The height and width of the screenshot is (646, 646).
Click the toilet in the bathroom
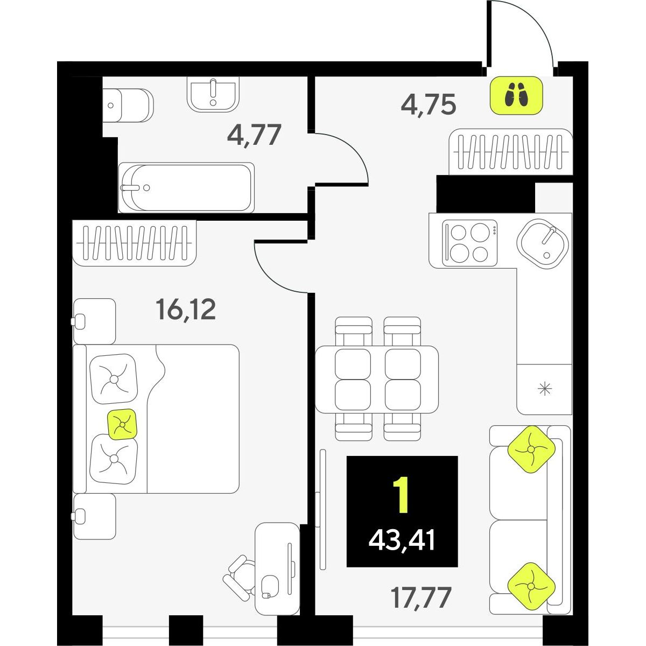pos(128,106)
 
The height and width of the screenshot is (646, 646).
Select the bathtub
pos(186,187)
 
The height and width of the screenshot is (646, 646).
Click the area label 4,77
pos(254,135)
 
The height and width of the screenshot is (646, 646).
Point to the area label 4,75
pos(429,104)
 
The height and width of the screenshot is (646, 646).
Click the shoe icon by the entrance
pos(516,95)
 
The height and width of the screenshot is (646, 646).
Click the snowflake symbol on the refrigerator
pos(545,389)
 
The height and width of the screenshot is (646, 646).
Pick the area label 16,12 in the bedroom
pos(186,310)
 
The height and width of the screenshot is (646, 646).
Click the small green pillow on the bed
pos(122,424)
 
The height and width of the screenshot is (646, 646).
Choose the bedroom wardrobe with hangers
pos(135,243)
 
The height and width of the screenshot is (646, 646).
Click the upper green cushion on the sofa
pos(531,449)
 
